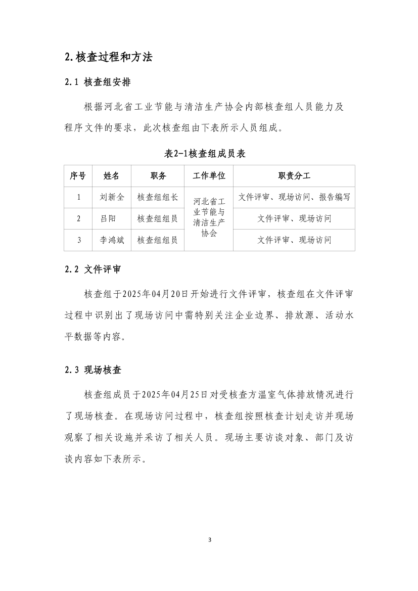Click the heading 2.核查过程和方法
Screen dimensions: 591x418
click(x=109, y=57)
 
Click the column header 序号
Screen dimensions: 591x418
click(x=77, y=176)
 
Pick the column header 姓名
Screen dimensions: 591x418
click(x=111, y=176)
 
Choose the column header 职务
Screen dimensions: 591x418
click(x=158, y=176)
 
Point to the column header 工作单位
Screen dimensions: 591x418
click(x=209, y=176)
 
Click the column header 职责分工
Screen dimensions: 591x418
click(x=294, y=176)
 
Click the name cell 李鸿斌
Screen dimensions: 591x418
click(x=112, y=240)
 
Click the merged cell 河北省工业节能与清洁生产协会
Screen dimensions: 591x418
click(x=209, y=218)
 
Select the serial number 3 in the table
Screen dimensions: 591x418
click(x=79, y=240)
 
